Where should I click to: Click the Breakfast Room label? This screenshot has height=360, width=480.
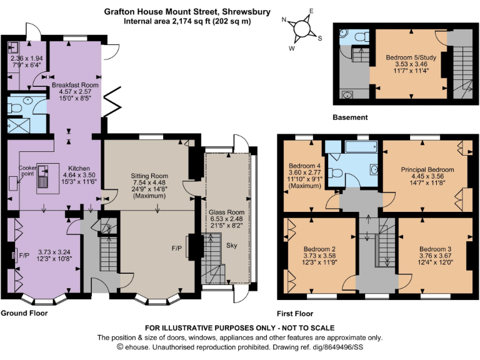click(75, 84)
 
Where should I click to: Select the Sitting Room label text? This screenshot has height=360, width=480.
click(149, 176)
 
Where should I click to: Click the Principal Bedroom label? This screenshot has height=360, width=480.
click(427, 169)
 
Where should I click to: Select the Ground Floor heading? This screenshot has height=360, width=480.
click(24, 313)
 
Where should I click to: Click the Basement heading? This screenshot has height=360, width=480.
click(350, 117)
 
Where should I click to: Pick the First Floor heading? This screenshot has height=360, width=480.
click(295, 314)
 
